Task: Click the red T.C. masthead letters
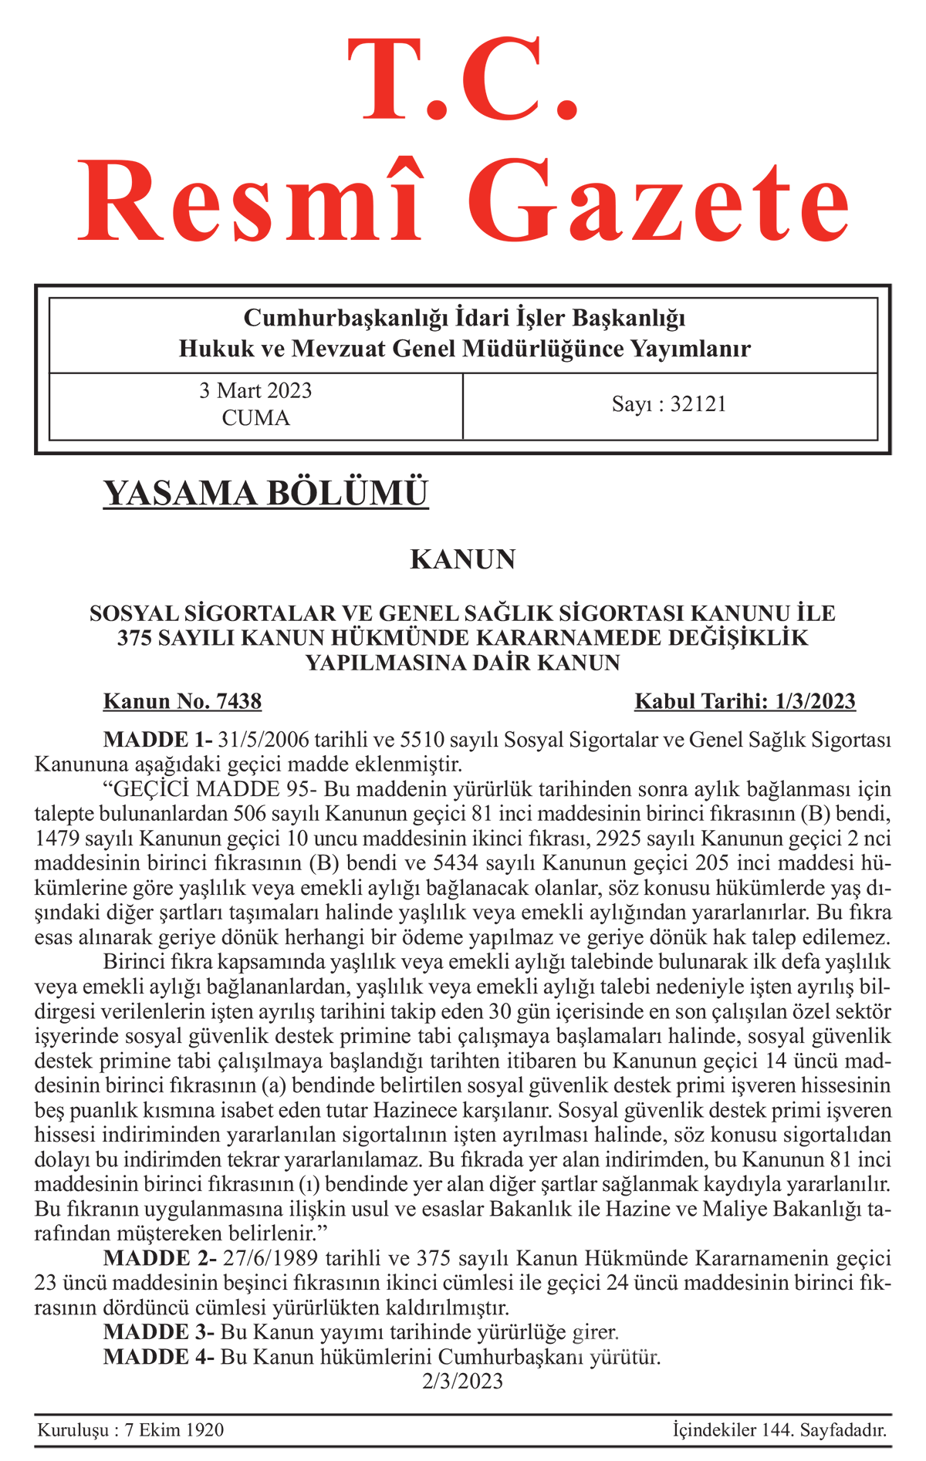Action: (x=463, y=81)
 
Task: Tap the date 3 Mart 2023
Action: (x=255, y=390)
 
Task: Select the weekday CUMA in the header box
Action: (x=255, y=418)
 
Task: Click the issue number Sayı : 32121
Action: (x=669, y=404)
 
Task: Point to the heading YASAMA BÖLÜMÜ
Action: (x=265, y=494)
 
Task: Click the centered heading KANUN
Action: (x=463, y=559)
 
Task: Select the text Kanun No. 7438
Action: (x=183, y=701)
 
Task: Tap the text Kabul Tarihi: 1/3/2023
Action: (x=745, y=701)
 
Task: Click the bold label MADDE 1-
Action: (x=157, y=740)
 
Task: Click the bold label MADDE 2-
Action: (x=160, y=1259)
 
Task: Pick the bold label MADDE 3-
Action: (x=159, y=1332)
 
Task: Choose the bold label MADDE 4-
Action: (x=159, y=1357)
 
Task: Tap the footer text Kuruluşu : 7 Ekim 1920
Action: (x=131, y=1430)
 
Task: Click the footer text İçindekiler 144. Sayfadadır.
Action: (x=779, y=1430)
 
